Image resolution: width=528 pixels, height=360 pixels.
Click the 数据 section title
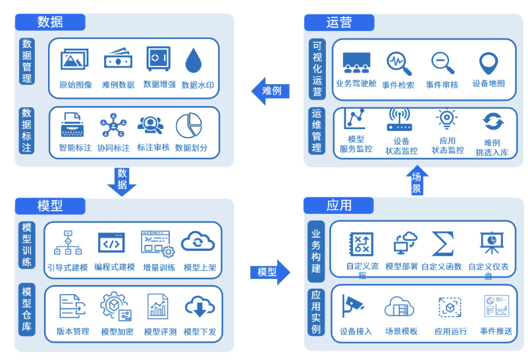[x=50, y=22]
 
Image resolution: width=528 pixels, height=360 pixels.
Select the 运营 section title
[x=339, y=22]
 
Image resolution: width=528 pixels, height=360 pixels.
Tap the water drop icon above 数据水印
[x=194, y=61]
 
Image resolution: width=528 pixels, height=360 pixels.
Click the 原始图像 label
[x=76, y=85]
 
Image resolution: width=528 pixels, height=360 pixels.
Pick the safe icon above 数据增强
[x=158, y=59]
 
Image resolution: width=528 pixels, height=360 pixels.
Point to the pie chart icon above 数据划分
[x=189, y=126]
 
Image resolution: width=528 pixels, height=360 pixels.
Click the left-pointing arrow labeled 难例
[x=271, y=91]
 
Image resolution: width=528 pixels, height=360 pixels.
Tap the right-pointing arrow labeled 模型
[x=270, y=272]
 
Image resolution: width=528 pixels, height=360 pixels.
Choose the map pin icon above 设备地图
[x=488, y=64]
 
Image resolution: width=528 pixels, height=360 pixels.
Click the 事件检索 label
[x=398, y=85]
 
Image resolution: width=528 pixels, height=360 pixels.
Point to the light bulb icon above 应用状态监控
[x=447, y=119]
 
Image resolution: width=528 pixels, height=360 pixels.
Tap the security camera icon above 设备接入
[x=354, y=306]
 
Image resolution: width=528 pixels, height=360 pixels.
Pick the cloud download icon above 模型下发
[x=199, y=307]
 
